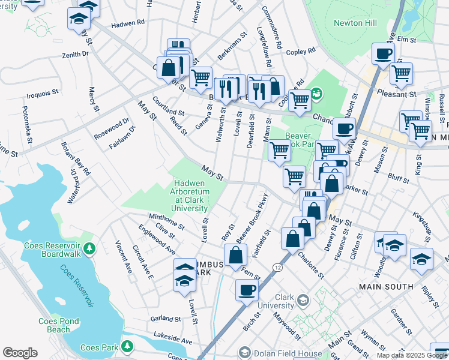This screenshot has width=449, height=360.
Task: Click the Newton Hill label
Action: [358, 23]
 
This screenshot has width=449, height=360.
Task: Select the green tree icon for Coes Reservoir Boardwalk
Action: [89, 248]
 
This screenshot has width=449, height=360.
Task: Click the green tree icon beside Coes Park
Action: [127, 346]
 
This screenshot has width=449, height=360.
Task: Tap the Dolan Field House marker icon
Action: [244, 352]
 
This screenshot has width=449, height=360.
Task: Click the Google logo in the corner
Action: [20, 353]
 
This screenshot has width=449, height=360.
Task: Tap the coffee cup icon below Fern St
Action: [246, 291]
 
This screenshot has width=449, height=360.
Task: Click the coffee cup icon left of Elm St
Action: [382, 54]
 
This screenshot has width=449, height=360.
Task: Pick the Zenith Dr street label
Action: [74, 54]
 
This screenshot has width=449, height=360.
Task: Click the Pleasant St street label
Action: [397, 94]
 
